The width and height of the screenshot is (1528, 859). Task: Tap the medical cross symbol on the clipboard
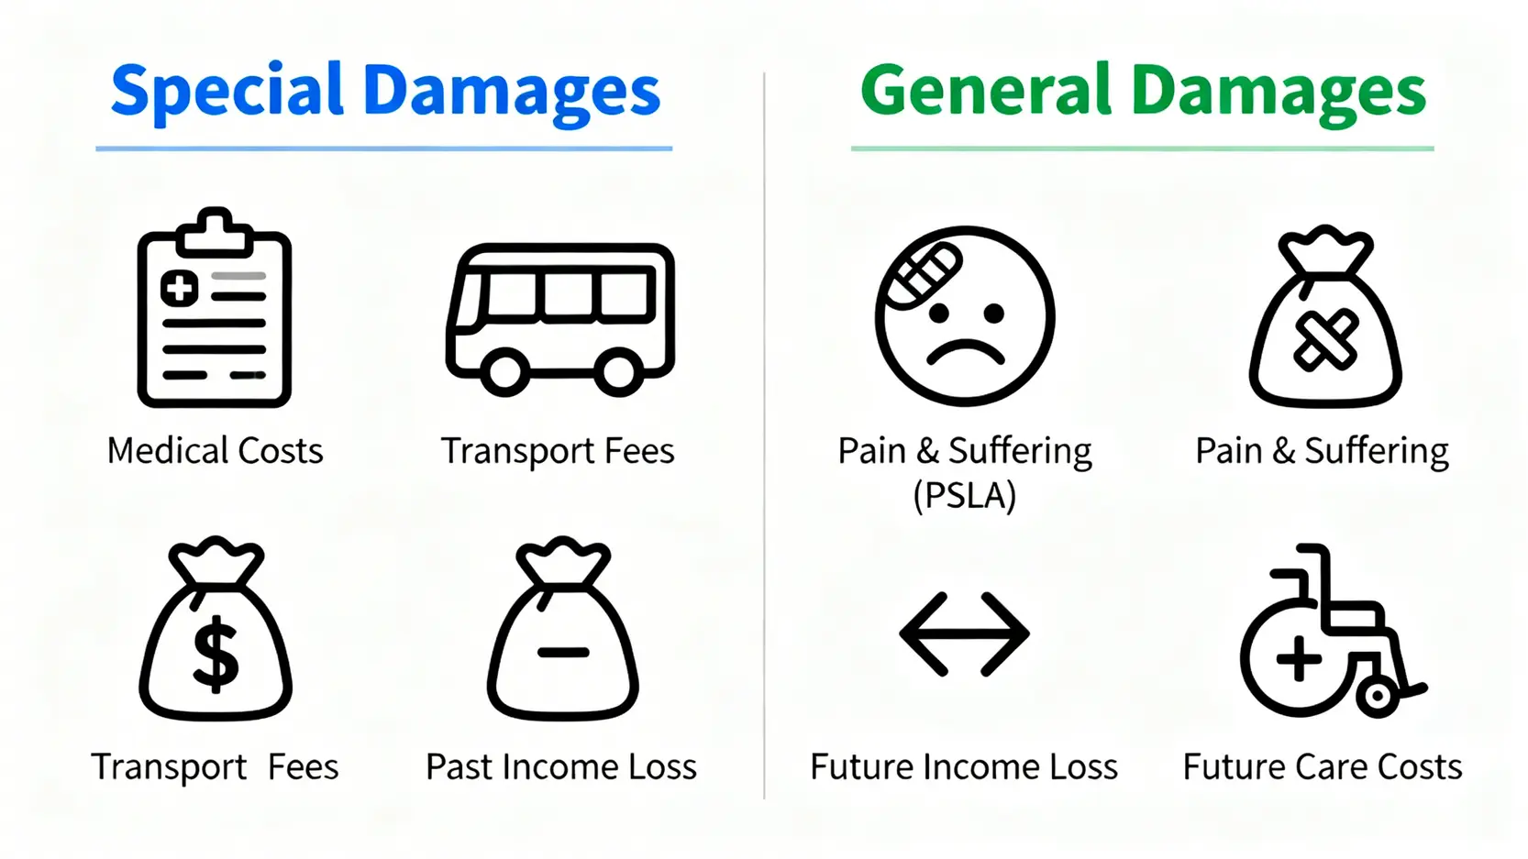[x=180, y=288]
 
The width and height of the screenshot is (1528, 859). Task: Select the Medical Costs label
[x=215, y=451]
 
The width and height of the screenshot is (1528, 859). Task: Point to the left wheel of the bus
[x=504, y=371]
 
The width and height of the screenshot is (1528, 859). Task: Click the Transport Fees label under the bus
[x=558, y=451]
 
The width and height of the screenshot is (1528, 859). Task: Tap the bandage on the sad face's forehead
[x=921, y=276]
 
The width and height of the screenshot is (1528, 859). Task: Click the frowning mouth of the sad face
[x=965, y=353]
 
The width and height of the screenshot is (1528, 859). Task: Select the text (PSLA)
[x=965, y=496]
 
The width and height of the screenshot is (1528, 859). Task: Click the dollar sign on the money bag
[x=216, y=655]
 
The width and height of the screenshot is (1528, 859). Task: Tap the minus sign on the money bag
[x=563, y=653]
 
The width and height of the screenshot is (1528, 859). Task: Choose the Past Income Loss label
[x=560, y=767]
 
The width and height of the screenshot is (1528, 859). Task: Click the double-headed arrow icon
[x=965, y=634]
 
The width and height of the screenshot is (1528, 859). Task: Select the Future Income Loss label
[x=964, y=767]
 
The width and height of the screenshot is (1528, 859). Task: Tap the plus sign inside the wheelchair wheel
[x=1299, y=658]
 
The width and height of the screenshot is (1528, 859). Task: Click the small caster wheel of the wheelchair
[x=1378, y=696]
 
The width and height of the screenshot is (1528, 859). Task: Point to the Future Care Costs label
[x=1322, y=767]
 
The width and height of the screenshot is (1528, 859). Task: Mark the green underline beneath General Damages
[x=1142, y=148]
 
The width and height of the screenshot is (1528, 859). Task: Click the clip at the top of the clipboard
[x=215, y=232]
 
